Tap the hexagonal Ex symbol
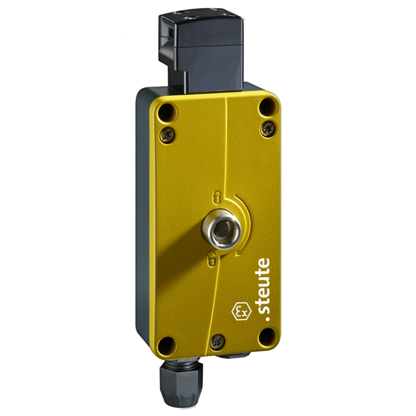(x=241, y=311)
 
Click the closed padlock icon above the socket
(x=217, y=197)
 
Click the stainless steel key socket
(x=222, y=228)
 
